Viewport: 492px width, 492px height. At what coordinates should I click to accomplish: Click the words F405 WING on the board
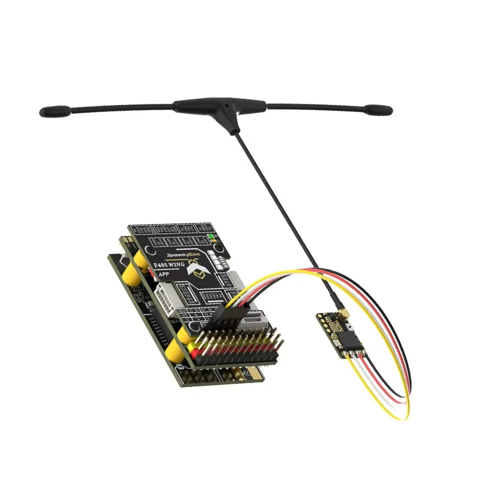click(x=169, y=265)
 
